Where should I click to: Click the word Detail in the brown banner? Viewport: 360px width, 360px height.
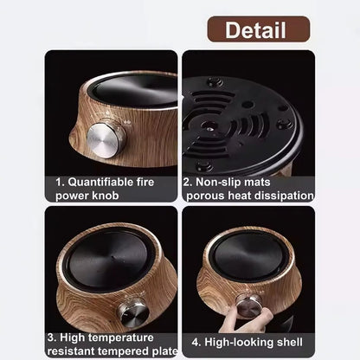tap(255, 30)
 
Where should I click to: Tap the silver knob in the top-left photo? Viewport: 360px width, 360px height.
tap(106, 140)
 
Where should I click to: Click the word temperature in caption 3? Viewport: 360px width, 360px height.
tap(120, 337)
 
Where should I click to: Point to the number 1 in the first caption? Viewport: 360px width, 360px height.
tap(58, 182)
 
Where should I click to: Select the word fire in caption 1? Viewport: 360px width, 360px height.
tap(154, 182)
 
